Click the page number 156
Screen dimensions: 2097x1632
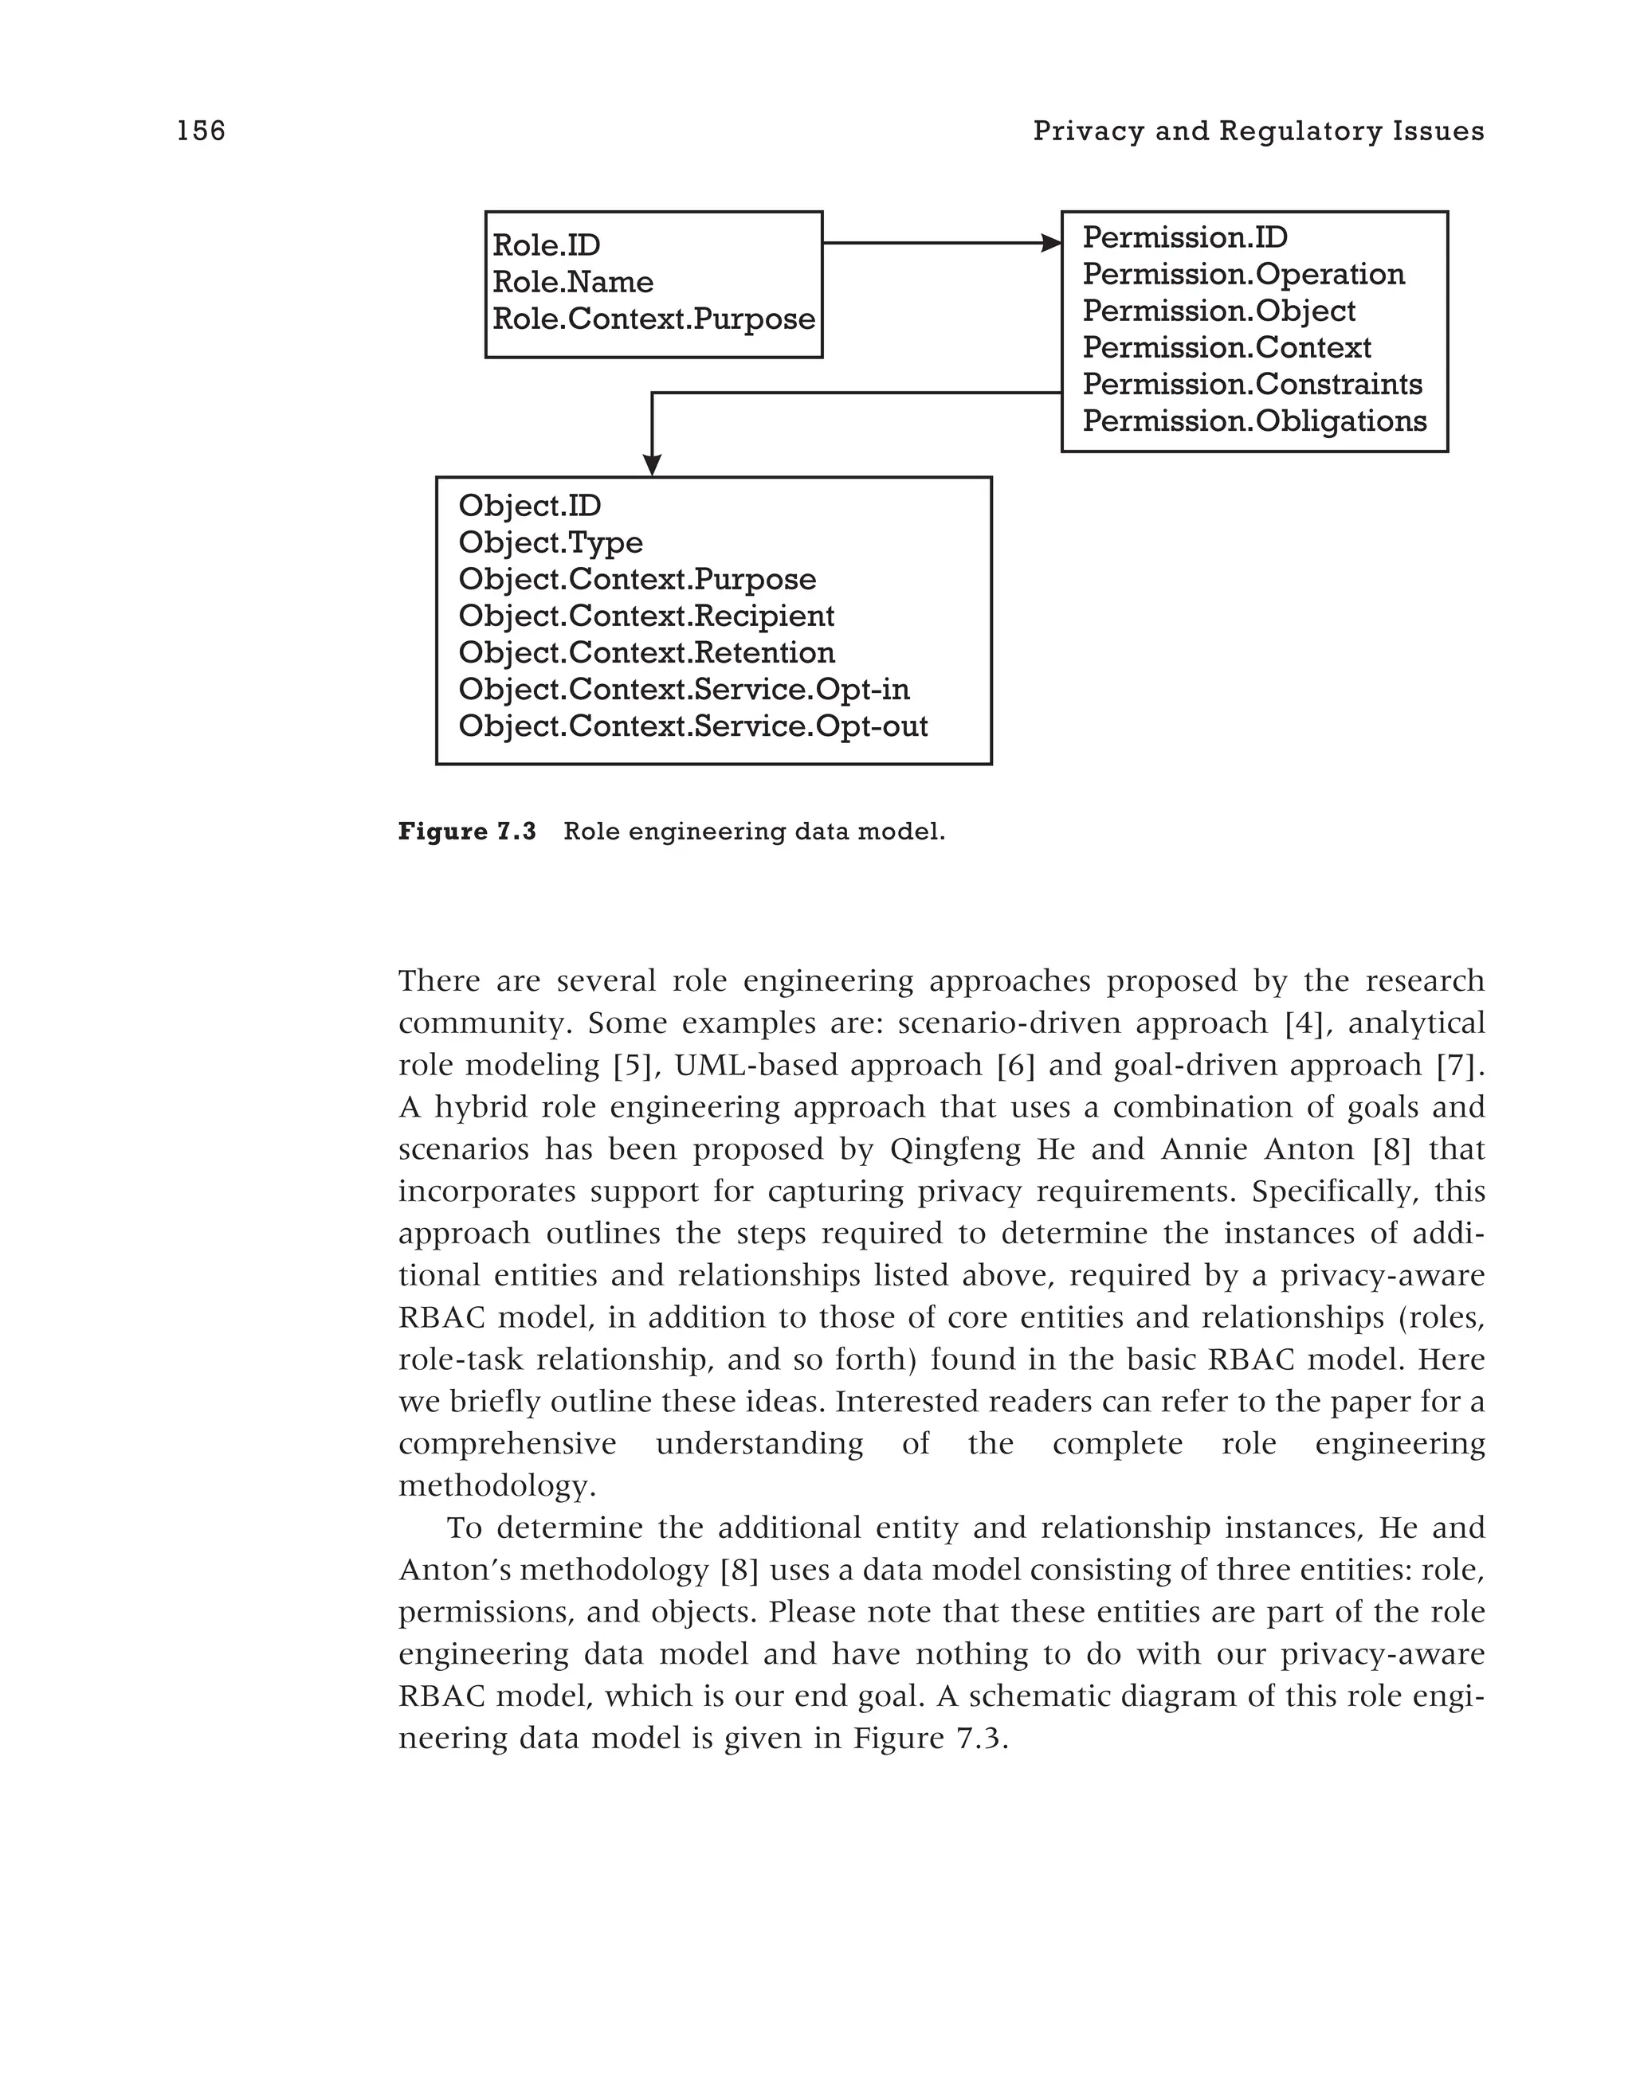point(201,131)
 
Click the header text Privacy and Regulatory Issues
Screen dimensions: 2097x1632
point(1257,131)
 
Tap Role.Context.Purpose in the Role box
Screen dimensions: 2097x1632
point(653,319)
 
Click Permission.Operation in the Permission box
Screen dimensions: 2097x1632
point(1243,275)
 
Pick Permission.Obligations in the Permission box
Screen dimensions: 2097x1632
point(1253,421)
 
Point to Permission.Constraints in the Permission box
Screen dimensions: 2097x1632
point(1252,385)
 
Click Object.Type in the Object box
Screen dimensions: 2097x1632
point(551,543)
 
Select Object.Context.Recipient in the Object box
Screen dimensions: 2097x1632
point(645,616)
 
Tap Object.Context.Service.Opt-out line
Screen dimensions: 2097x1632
point(692,726)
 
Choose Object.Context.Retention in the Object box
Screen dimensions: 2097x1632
point(645,653)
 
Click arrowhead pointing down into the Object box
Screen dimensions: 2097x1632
point(652,466)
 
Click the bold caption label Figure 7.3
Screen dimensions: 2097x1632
point(467,831)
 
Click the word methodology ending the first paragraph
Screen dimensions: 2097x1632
point(496,1486)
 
